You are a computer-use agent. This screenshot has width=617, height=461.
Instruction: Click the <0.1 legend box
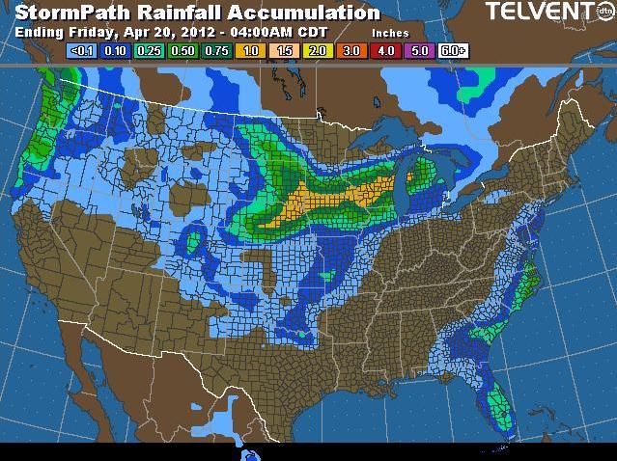coord(83,49)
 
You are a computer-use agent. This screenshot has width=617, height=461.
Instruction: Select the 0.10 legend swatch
coord(117,49)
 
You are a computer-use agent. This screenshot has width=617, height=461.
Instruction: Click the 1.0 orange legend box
coord(252,49)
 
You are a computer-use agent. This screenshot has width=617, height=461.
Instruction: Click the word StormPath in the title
coord(60,13)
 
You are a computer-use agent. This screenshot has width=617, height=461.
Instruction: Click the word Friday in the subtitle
coord(81,31)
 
